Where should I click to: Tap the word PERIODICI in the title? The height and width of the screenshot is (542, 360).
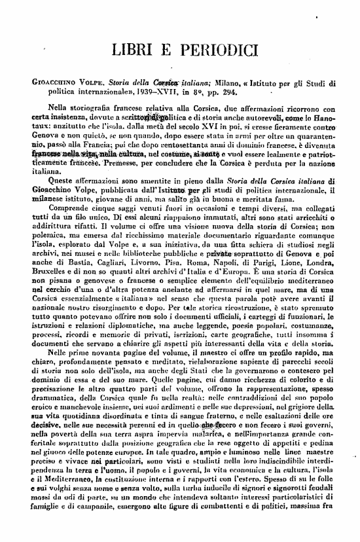pyautogui.click(x=214, y=50)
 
